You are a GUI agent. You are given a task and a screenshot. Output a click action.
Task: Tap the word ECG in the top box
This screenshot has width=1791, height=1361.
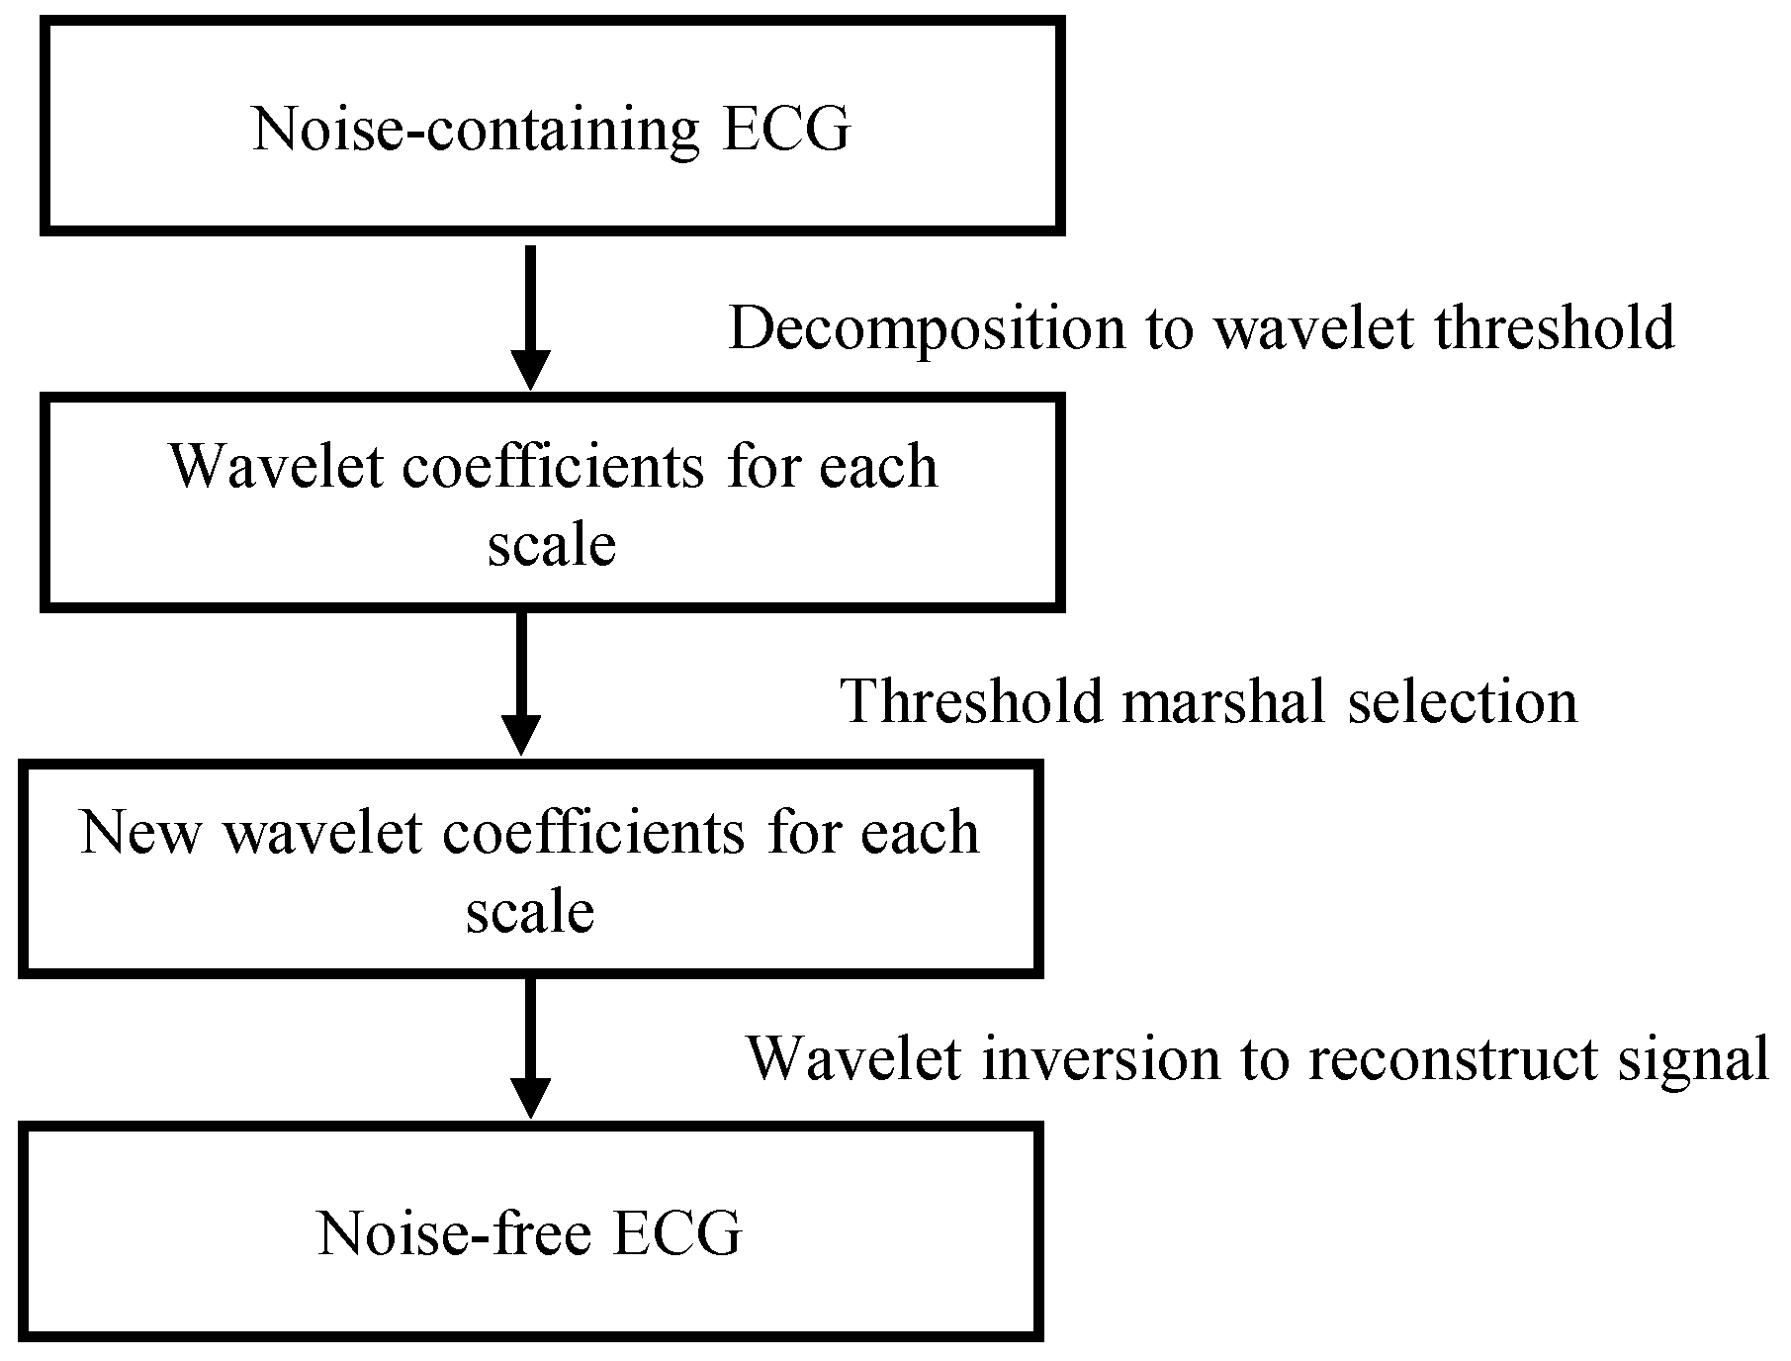[x=785, y=130]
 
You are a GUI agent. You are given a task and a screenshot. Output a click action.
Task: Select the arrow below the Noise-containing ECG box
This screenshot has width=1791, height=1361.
[x=531, y=317]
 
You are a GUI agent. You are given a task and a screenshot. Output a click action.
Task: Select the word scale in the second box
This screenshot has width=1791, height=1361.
[x=552, y=544]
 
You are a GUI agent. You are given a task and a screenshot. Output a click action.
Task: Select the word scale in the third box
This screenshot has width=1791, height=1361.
[x=530, y=911]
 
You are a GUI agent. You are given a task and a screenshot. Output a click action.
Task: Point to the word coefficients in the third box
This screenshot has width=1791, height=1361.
[x=593, y=832]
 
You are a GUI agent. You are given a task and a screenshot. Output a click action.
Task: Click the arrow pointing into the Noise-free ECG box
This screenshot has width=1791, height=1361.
[x=531, y=1048]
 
